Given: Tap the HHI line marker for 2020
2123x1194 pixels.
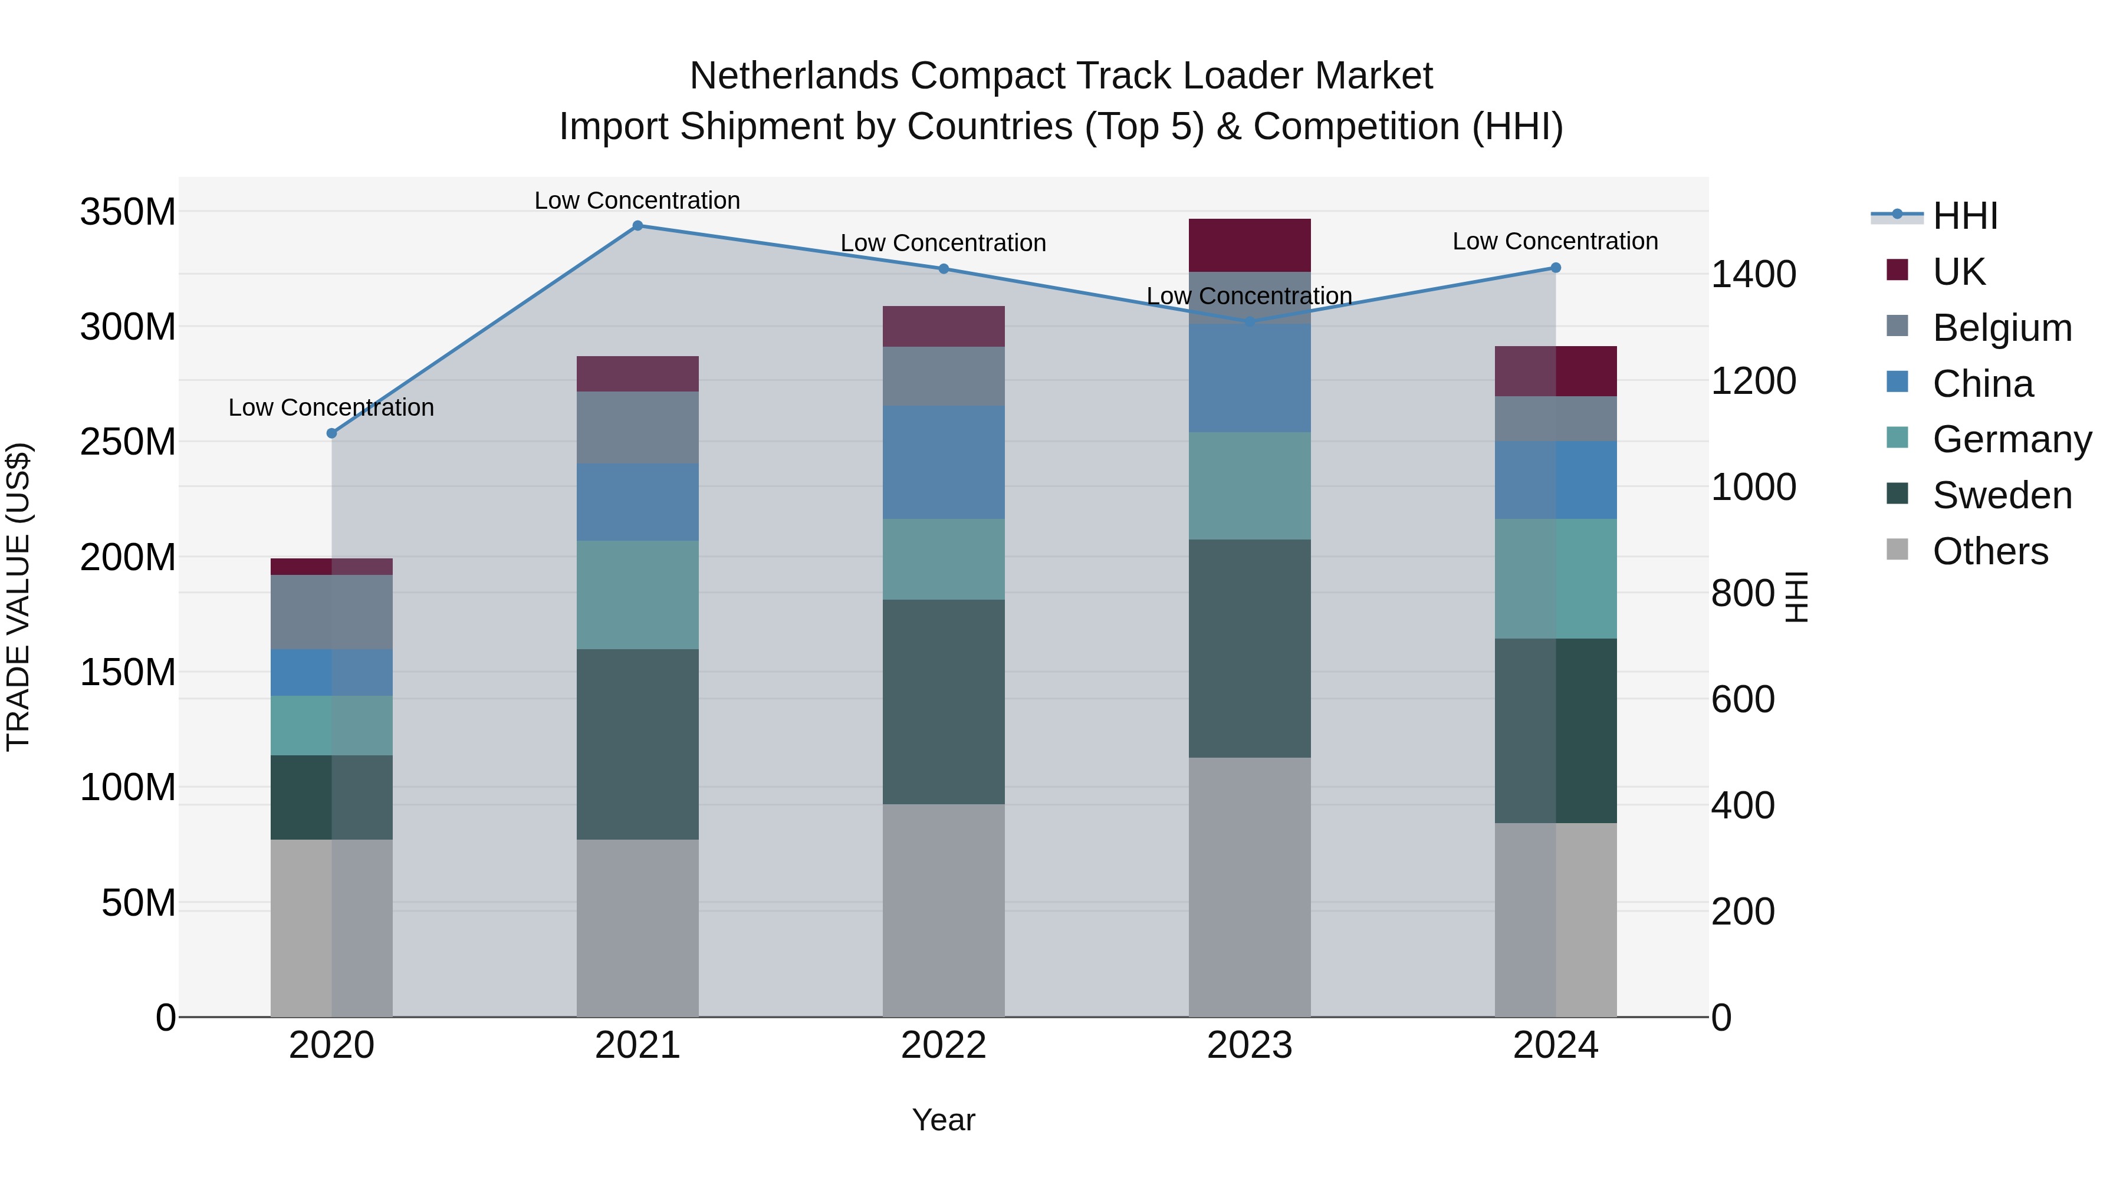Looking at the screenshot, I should [332, 433].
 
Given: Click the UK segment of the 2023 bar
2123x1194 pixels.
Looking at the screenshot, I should [1250, 245].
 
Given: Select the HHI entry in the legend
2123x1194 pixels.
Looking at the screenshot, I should [1965, 216].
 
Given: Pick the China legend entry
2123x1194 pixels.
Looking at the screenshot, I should [1982, 384].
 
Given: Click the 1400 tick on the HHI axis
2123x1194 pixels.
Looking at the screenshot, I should [1753, 274].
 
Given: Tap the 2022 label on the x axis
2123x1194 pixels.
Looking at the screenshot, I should [944, 1045].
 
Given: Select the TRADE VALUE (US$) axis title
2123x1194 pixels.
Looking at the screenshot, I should [18, 597].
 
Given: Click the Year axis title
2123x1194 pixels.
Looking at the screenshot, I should [944, 1120].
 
